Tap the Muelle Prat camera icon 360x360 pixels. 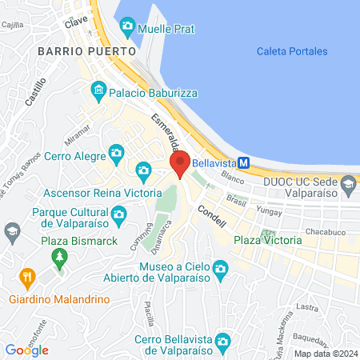tap(127, 28)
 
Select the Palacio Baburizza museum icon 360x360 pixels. tap(99, 89)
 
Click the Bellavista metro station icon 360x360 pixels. tap(246, 162)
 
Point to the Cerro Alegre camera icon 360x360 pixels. tap(117, 151)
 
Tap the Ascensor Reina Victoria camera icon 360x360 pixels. tap(144, 170)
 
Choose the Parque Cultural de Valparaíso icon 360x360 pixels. tap(119, 214)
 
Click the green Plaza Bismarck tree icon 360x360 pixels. tap(58, 256)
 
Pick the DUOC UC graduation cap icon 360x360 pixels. tap(348, 186)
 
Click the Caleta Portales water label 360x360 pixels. tap(292, 51)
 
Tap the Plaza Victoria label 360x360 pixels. tap(268, 240)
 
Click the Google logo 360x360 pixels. tap(27, 350)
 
